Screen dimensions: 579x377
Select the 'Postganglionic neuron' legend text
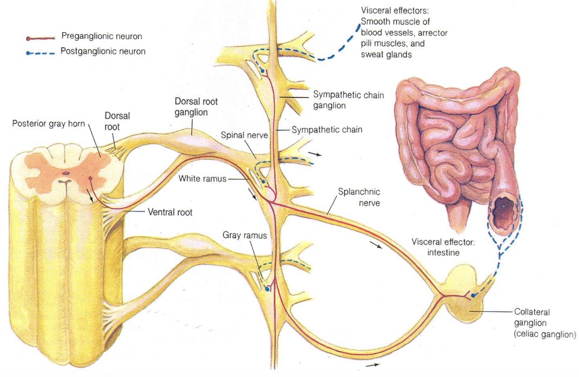pos(103,51)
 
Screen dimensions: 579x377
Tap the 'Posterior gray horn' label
pos(50,122)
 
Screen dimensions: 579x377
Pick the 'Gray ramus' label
pos(244,236)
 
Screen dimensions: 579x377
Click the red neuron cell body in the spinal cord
pos(90,178)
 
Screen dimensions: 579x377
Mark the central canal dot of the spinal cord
pos(66,172)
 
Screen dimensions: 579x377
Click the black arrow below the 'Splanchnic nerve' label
pos(376,246)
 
